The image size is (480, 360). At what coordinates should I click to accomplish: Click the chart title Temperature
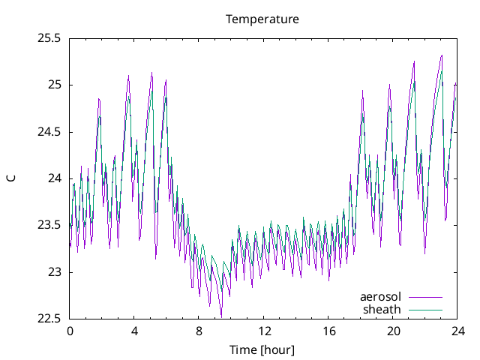[262, 19]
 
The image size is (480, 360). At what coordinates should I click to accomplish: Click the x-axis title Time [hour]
[262, 349]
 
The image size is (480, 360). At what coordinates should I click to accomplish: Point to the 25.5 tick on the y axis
[49, 38]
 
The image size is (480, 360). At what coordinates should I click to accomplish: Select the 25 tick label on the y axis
[55, 85]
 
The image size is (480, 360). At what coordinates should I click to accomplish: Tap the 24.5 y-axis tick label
[49, 132]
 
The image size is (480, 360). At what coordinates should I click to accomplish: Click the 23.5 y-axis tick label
[49, 226]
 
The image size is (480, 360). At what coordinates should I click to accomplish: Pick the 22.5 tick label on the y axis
[49, 319]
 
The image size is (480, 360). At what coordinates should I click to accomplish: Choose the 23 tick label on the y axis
[55, 272]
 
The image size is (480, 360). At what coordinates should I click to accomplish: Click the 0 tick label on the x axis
[70, 331]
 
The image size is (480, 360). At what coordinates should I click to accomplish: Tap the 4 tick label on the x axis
[134, 331]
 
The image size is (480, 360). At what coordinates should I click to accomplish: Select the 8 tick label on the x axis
[199, 331]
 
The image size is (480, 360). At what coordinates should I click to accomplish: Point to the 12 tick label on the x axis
[264, 331]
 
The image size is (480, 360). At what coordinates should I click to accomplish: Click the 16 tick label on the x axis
[328, 331]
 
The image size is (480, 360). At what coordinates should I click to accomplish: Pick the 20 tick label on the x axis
[394, 331]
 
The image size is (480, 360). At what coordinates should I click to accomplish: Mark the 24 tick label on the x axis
[458, 331]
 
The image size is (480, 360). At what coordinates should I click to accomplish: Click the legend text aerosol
[380, 297]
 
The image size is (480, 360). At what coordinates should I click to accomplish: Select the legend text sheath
[382, 309]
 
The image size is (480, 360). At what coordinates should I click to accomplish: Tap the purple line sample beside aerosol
[425, 297]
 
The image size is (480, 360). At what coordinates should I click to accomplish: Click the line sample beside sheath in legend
[425, 309]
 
